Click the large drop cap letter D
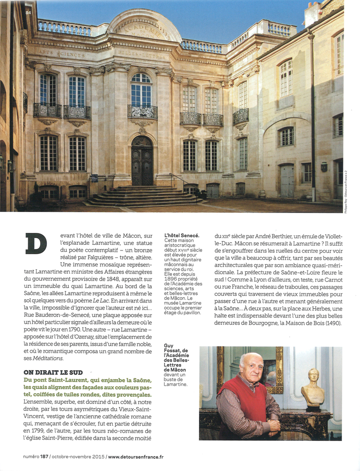[36, 243]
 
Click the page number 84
[28, 12]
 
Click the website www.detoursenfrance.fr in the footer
[135, 457]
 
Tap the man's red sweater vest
[249, 400]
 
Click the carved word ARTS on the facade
[45, 53]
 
